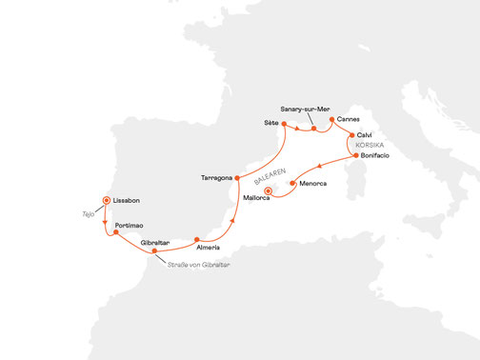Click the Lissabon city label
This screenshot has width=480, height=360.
[129, 202]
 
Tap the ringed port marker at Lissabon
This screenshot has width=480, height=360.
[108, 201]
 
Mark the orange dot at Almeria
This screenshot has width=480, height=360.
[196, 239]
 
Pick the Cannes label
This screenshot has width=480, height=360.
[349, 120]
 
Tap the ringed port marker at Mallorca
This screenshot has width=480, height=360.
[270, 191]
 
